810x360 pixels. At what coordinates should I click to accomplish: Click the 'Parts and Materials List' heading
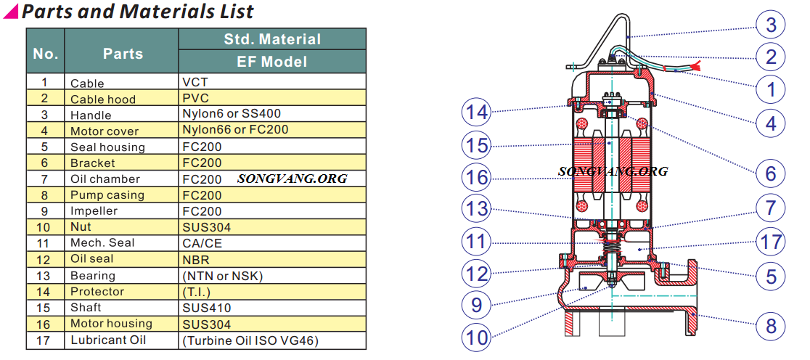pyautogui.click(x=137, y=12)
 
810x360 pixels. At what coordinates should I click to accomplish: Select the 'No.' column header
pyautogui.click(x=45, y=54)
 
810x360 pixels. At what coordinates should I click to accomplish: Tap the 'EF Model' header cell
pyautogui.click(x=271, y=62)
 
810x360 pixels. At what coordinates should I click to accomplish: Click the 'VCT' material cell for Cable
pyautogui.click(x=195, y=83)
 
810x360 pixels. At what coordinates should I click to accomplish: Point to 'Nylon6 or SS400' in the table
pyautogui.click(x=232, y=114)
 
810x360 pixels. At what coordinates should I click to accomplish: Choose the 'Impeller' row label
pyautogui.click(x=94, y=211)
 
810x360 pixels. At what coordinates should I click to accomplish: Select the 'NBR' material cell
pyautogui.click(x=195, y=259)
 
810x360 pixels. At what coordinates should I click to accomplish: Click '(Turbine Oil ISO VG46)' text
pyautogui.click(x=250, y=340)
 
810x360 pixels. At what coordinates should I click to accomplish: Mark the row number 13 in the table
pyautogui.click(x=45, y=276)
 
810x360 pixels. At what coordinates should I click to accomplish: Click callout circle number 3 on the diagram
pyautogui.click(x=770, y=25)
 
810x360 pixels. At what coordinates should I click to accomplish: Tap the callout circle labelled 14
pyautogui.click(x=477, y=112)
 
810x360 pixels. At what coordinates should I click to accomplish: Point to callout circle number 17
pyautogui.click(x=770, y=240)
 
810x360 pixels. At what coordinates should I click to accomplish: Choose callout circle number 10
pyautogui.click(x=477, y=336)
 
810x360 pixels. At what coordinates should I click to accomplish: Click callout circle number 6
pyautogui.click(x=770, y=172)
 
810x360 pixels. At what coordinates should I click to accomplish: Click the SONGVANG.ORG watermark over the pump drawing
pyautogui.click(x=613, y=171)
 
